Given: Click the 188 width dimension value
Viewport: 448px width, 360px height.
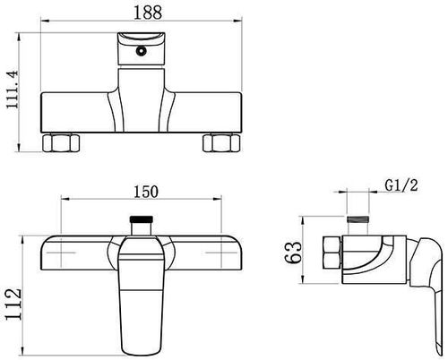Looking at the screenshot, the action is click(x=148, y=13).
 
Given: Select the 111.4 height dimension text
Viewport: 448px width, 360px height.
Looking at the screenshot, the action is click(x=13, y=90).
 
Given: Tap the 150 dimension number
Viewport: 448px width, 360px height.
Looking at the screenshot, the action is click(x=146, y=192).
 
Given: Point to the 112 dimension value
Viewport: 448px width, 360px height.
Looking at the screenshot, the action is click(x=13, y=304).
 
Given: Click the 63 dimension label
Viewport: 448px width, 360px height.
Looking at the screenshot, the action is click(x=293, y=253).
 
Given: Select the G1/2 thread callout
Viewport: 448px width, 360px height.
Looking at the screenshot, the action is click(x=401, y=185).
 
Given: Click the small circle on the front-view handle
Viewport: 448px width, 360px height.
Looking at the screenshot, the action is click(x=141, y=51).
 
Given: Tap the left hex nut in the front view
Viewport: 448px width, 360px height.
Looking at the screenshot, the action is click(x=61, y=143).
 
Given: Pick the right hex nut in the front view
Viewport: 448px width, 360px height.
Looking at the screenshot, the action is click(x=221, y=143).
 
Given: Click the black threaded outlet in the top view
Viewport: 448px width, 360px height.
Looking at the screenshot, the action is click(x=142, y=219).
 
